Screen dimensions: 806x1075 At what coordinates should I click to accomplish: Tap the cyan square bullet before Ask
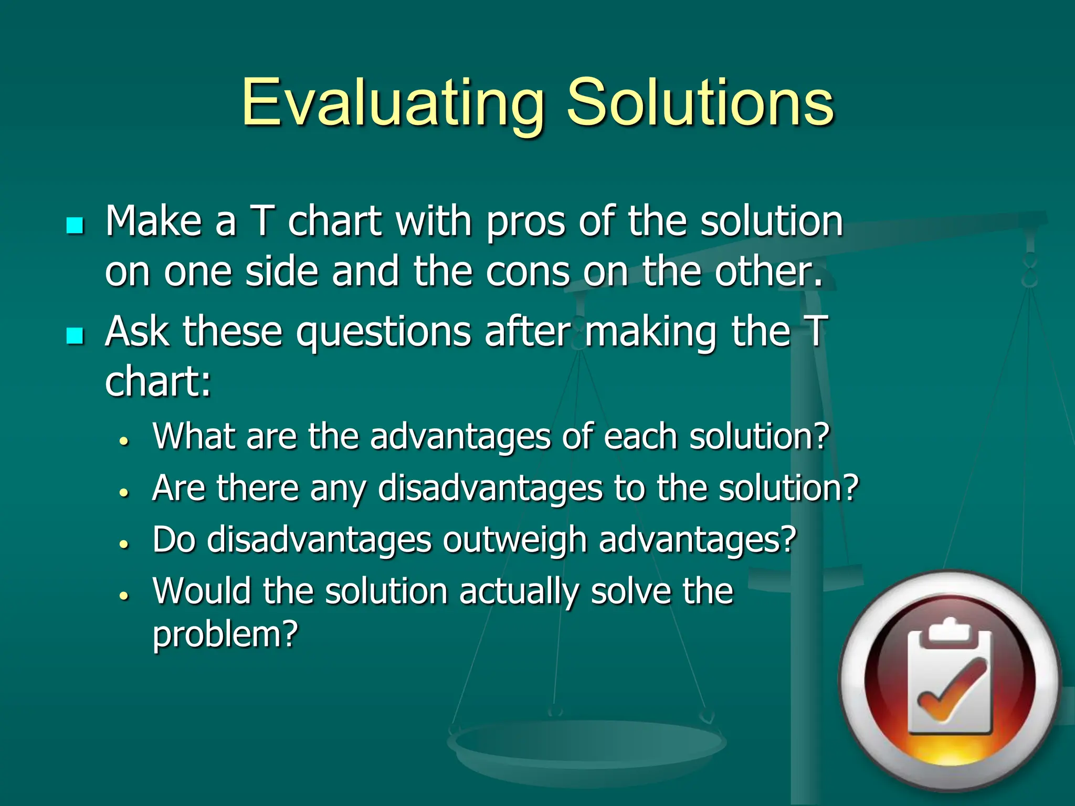coord(75,336)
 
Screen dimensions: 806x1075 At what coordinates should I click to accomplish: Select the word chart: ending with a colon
coord(157,381)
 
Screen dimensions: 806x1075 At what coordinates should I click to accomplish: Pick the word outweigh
coord(514,540)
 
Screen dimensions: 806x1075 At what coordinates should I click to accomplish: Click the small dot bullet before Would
coord(124,596)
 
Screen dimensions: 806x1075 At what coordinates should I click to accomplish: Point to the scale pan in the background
coord(587,745)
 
